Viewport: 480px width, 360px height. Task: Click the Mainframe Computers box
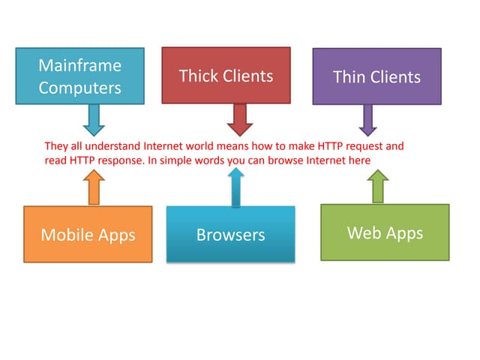(79, 76)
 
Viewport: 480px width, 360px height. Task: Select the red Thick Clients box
(226, 75)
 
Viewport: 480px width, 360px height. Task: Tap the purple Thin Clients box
(376, 76)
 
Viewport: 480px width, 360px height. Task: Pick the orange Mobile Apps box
(88, 235)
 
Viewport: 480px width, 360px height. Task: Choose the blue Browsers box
(230, 234)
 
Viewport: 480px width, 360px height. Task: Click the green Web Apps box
(385, 232)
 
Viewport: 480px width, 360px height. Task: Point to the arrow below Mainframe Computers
(94, 118)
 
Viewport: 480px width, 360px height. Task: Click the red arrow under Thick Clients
(239, 118)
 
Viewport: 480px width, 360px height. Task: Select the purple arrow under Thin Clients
(367, 118)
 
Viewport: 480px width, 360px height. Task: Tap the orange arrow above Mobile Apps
(94, 187)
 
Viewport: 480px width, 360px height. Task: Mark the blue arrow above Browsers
(235, 187)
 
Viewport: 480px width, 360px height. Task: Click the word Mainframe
(79, 65)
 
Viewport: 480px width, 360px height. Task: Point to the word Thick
(197, 76)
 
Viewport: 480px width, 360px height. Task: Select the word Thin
(349, 76)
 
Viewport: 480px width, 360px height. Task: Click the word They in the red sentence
(56, 145)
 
